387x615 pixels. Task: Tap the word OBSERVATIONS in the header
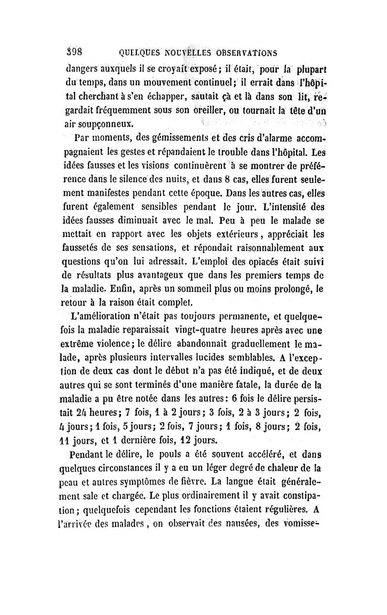[246, 52]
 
